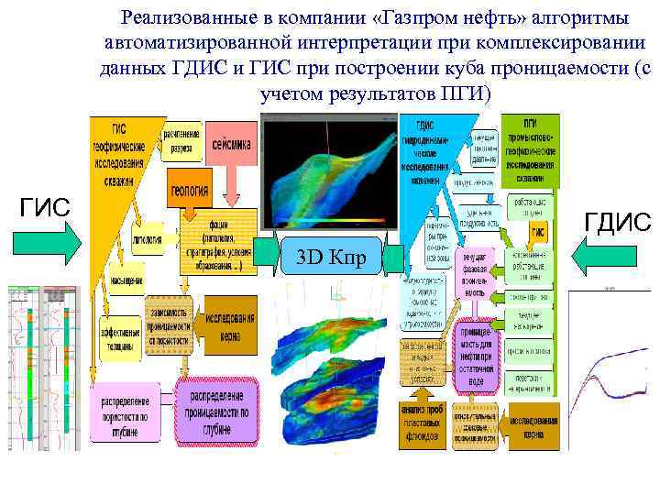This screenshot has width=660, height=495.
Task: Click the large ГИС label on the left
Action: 45,208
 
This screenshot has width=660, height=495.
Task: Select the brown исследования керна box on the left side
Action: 229,313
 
